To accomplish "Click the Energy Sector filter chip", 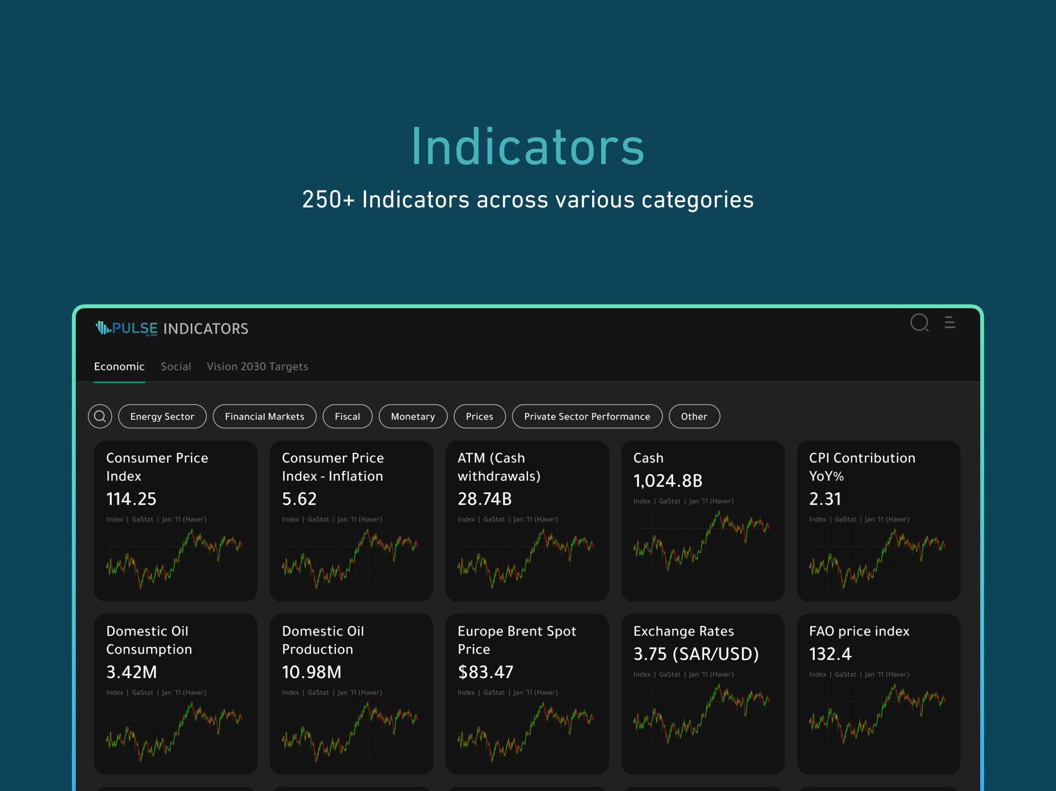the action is coord(162,416).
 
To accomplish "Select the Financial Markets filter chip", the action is coord(264,416).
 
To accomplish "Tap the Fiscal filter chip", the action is coord(347,416).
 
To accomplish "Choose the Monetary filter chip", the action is coord(413,416).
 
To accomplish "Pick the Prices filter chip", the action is coord(479,416).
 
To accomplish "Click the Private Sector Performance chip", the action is coord(587,416).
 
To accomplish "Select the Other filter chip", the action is coord(694,416).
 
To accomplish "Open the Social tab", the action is coord(176,367).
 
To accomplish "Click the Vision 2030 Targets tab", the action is coord(257,367).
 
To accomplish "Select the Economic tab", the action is coord(119,367).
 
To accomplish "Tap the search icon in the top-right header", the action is coord(920,323).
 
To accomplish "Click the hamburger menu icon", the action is coord(950,323).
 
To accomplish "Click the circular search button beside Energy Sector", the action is coord(100,416).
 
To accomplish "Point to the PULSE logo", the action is coord(126,328).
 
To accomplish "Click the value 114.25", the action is coord(131,499).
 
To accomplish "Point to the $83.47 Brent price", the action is coord(485,672).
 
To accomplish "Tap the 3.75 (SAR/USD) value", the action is coord(696,654).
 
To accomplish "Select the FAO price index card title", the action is coord(859,631).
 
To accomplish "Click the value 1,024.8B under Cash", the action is coord(668,481).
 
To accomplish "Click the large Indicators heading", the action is coord(528,146).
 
